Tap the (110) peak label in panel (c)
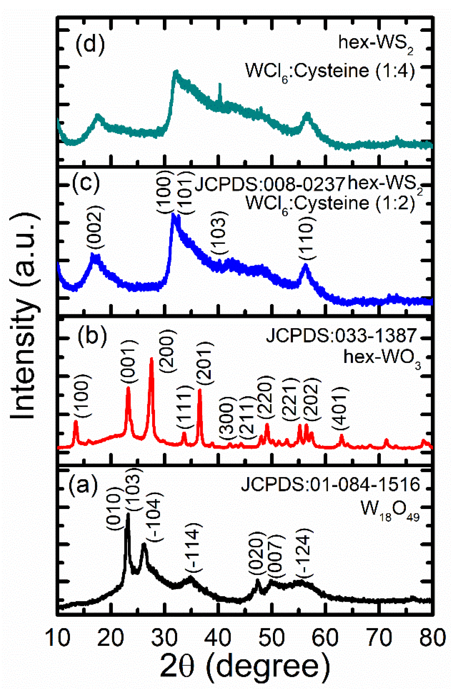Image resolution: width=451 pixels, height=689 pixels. [x=306, y=243]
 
